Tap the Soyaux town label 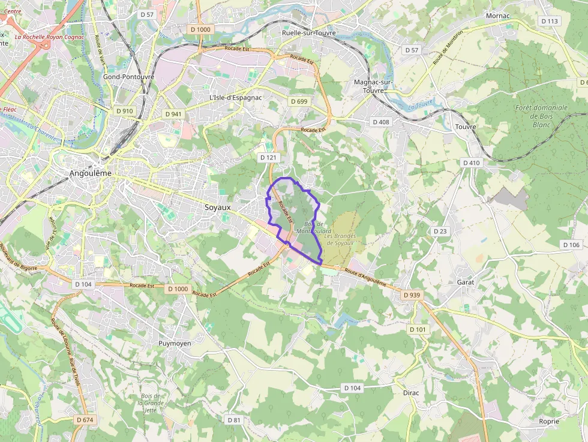tap(217, 208)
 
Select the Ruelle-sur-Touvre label tap(309, 33)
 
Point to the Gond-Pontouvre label tap(128, 77)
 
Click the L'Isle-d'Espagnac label tap(236, 97)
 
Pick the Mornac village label tap(497, 16)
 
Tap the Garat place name tap(466, 282)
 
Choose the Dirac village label tap(411, 393)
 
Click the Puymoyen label tap(175, 344)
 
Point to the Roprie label tap(549, 422)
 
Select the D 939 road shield tap(412, 295)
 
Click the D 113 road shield tap(549, 21)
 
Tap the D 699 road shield tap(299, 101)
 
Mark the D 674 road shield tap(85, 420)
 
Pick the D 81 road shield tap(234, 420)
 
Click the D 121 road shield tap(268, 157)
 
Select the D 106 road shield tap(571, 245)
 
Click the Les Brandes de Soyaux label tap(340, 239)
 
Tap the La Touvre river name tap(421, 106)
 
